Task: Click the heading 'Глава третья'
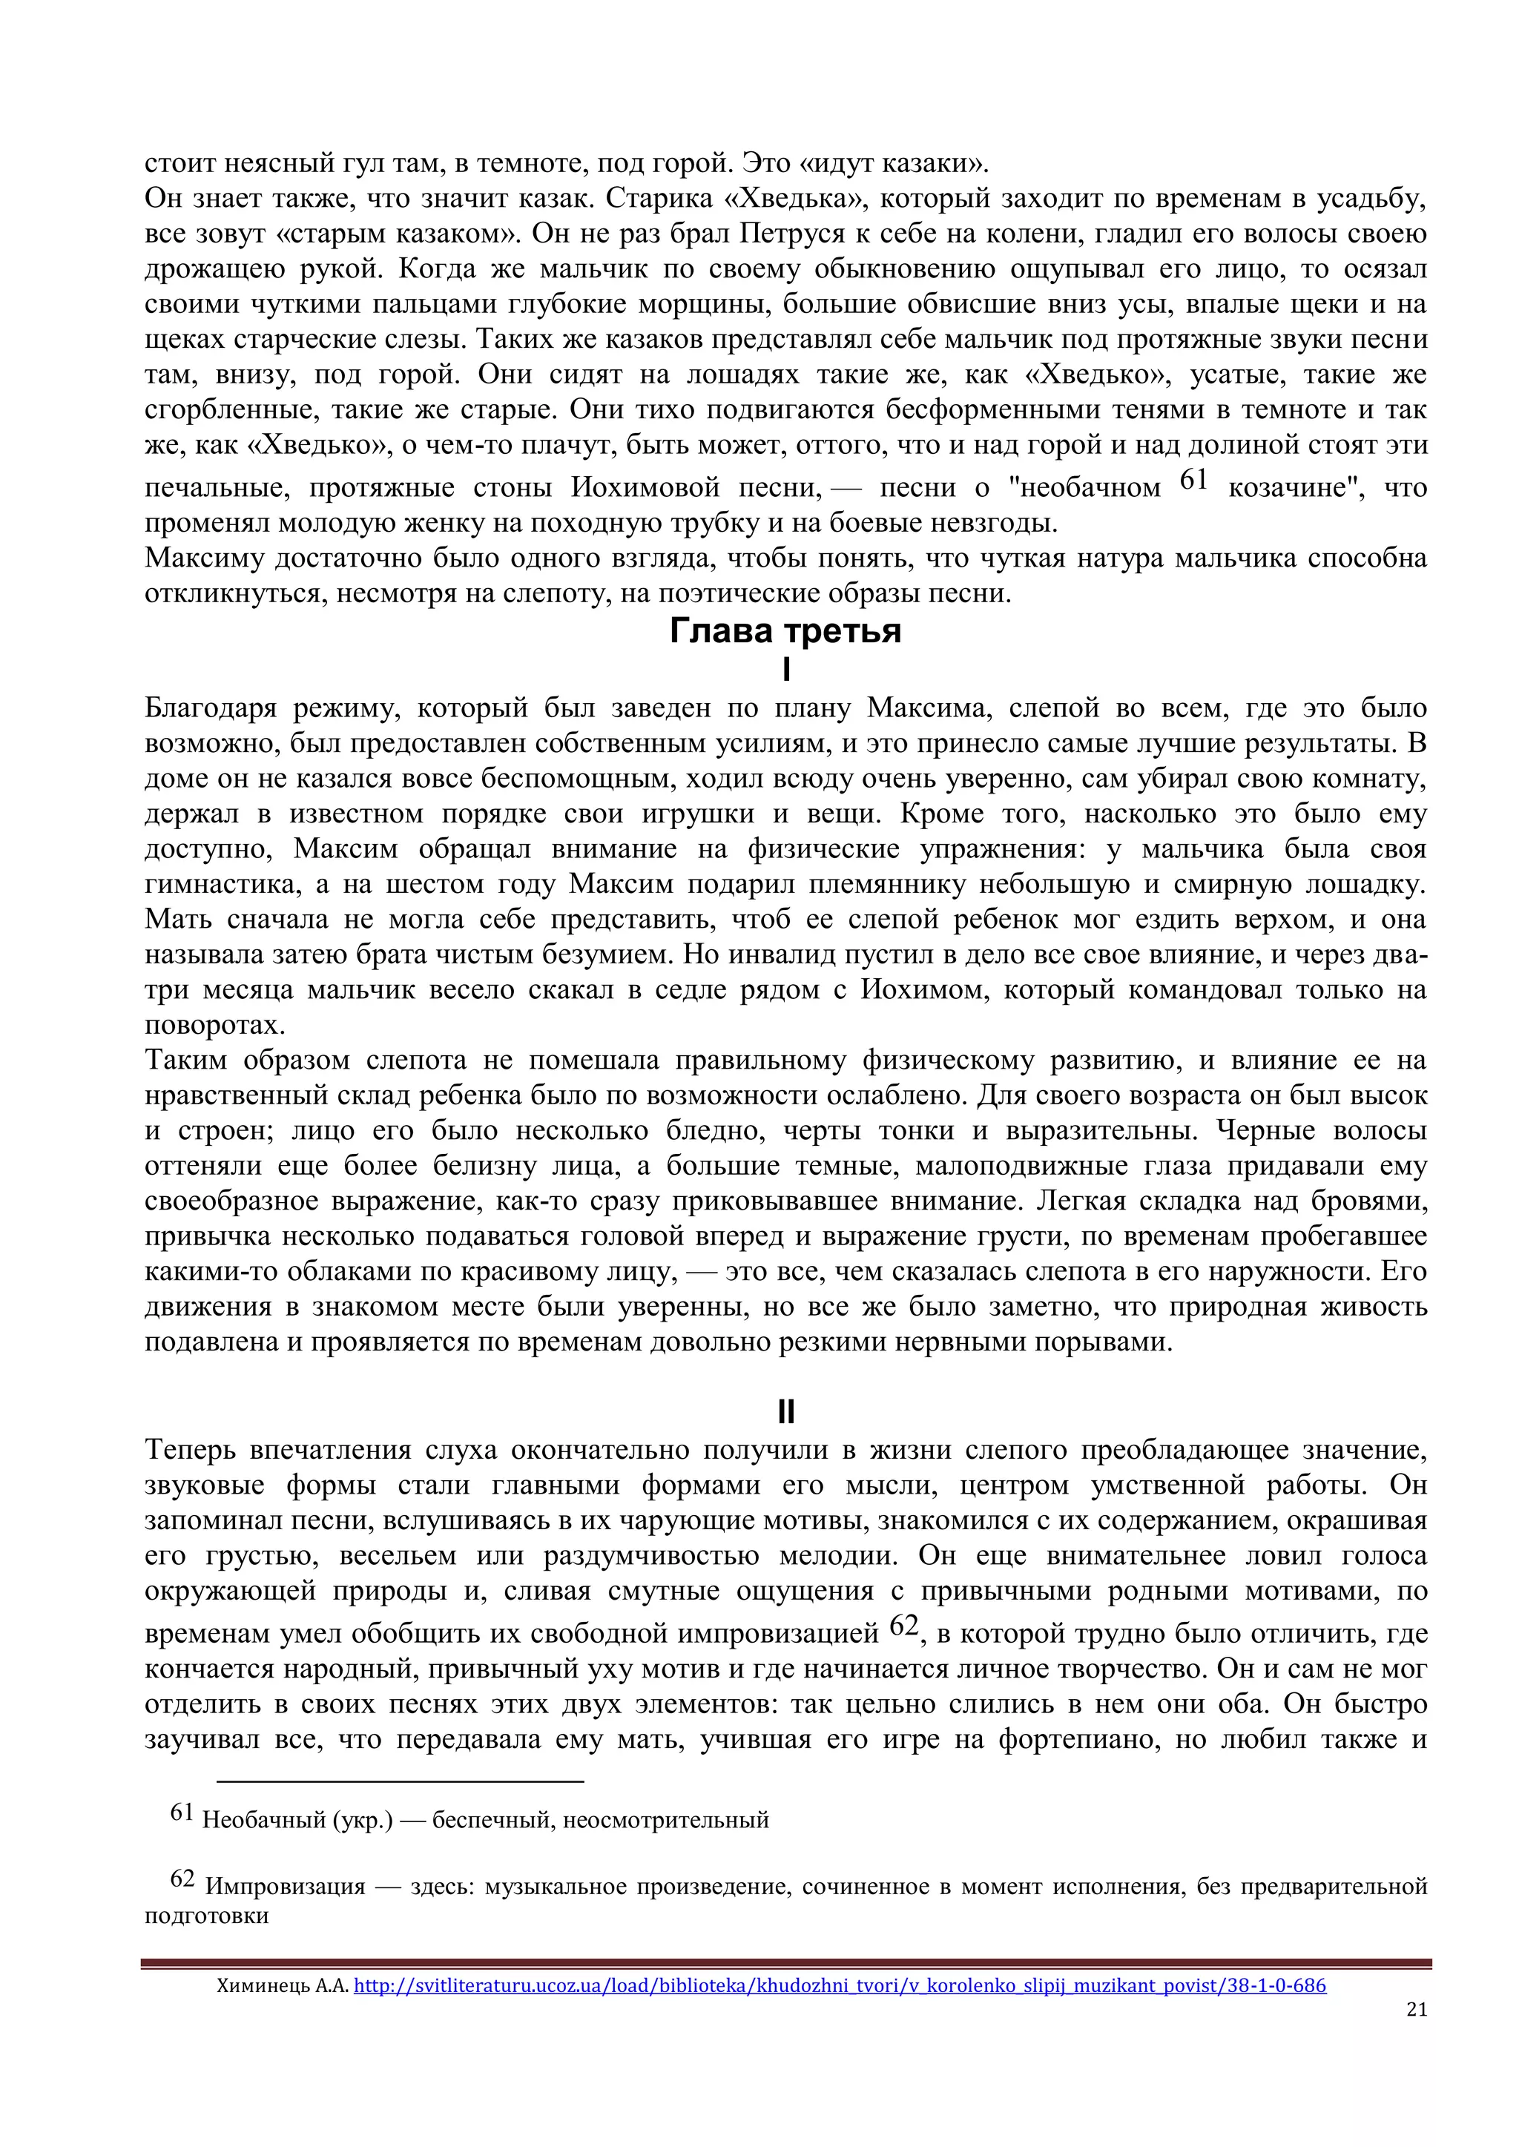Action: point(785,631)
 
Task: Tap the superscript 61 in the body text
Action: point(1193,480)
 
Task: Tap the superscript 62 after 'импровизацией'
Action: point(903,1626)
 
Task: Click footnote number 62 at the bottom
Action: point(182,1879)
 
